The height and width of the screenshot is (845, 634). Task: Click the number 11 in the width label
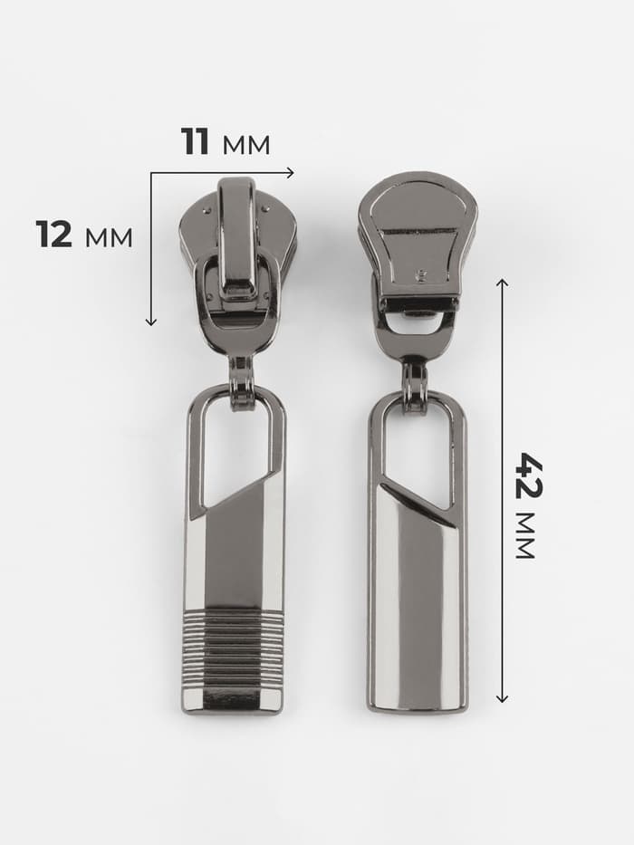pos(195,141)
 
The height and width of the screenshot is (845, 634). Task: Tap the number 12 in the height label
pos(54,235)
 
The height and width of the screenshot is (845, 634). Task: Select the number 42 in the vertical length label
pos(529,475)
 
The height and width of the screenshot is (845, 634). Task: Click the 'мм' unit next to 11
pos(245,145)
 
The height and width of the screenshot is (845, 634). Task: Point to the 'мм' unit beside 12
pos(109,237)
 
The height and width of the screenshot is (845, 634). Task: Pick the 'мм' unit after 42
pos(525,536)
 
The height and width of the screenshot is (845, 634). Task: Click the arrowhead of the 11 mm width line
pos(291,172)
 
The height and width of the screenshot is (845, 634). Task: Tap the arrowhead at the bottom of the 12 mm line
pos(151,322)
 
